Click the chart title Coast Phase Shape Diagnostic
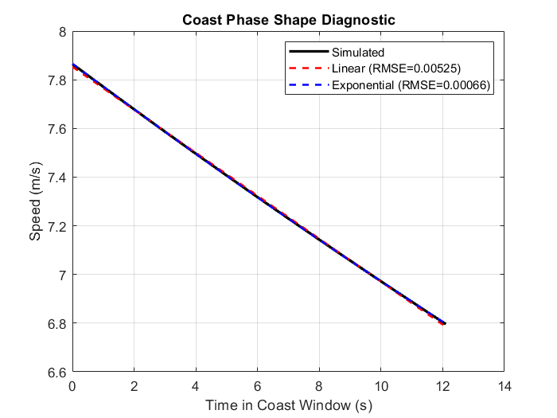point(288,19)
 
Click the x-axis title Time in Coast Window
point(288,404)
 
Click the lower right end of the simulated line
point(445,323)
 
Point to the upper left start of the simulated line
point(73,65)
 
